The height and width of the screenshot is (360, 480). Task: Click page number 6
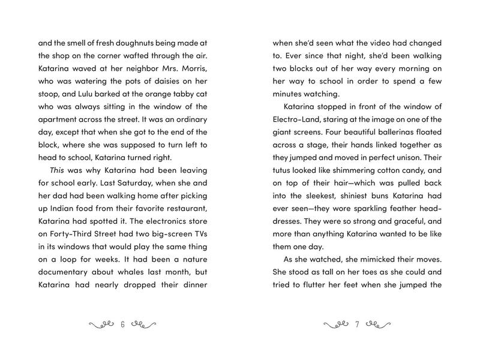point(122,326)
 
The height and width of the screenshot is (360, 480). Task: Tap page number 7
point(357,326)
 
